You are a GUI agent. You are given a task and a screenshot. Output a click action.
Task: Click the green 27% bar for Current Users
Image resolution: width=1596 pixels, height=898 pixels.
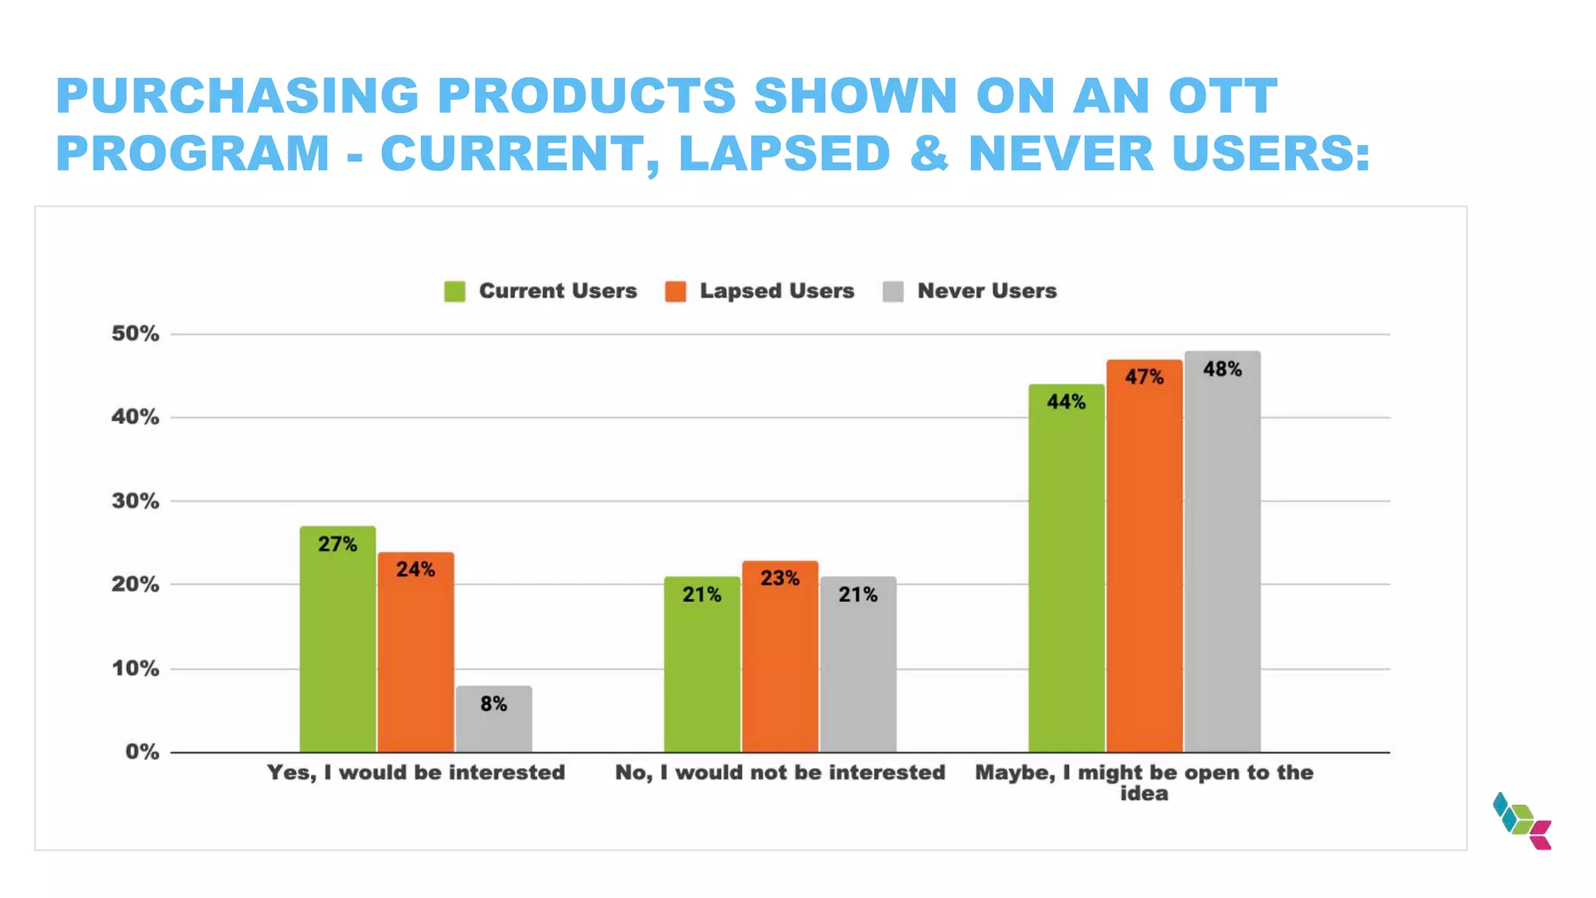pos(337,639)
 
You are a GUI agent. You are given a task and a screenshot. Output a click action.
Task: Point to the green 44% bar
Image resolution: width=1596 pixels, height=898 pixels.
pos(1066,569)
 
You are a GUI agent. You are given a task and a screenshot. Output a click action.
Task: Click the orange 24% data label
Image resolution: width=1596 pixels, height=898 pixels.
pos(415,570)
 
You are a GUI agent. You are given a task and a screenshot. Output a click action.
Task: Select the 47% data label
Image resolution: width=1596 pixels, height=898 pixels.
pos(1144,377)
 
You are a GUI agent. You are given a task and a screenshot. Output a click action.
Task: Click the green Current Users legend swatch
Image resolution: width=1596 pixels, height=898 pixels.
pos(454,292)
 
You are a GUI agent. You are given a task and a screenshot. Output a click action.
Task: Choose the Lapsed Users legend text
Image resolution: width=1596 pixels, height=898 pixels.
pos(776,291)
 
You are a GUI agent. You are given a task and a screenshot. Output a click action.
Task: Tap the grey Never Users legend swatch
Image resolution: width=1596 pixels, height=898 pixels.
pos(893,292)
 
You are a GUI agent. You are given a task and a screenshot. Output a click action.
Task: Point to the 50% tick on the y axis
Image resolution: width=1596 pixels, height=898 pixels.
pos(135,334)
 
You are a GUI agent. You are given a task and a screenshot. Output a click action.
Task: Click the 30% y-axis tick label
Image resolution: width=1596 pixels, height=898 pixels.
pos(135,501)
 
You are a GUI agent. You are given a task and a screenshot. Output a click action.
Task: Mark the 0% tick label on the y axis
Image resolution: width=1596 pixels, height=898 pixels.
pos(142,752)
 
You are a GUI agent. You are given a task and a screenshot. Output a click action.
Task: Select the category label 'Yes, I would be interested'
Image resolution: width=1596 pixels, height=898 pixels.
pos(415,772)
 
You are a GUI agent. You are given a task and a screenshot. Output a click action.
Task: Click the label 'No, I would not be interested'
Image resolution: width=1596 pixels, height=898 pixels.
pos(780,772)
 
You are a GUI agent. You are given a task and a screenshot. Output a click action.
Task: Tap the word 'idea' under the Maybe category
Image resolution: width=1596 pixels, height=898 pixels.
pos(1144,794)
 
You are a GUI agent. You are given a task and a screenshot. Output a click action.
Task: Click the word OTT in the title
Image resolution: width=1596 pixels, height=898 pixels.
pos(1223,96)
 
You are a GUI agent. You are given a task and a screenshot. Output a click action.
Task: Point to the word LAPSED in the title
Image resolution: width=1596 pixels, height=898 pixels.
pos(784,153)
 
